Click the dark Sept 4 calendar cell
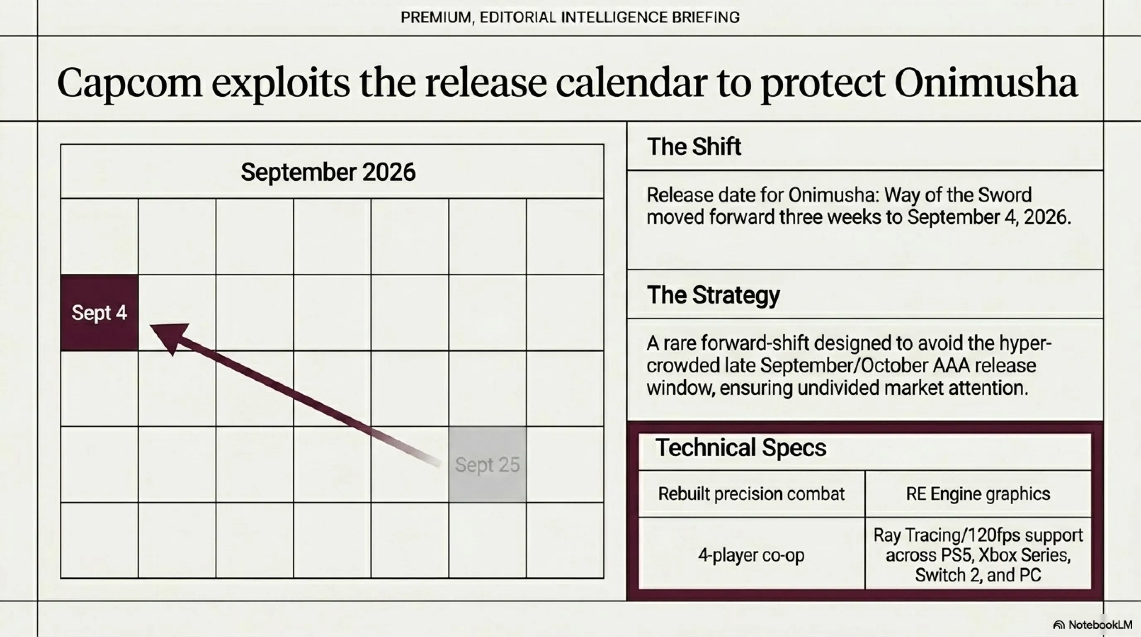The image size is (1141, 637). coord(100,313)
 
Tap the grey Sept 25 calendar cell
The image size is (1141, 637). coord(487,464)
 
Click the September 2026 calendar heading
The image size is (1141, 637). coord(328,172)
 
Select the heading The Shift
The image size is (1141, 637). coord(694,147)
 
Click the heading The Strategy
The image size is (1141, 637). coord(713,295)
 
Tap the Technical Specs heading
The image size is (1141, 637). coord(740,447)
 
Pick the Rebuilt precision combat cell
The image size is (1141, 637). coord(751,494)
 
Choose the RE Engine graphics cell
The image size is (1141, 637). coord(978,494)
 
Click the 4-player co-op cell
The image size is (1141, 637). coord(751,554)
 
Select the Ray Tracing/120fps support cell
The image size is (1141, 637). coord(978,554)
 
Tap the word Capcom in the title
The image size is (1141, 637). coord(129,84)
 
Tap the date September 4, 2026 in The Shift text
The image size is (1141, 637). coord(988,217)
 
